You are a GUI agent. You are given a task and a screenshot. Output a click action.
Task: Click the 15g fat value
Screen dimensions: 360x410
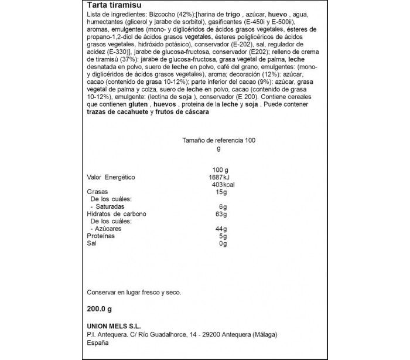coord(221,192)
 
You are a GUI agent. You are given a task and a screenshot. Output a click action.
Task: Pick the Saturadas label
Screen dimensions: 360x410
coord(108,207)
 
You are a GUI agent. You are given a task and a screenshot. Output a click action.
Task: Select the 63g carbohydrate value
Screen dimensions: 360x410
coord(221,214)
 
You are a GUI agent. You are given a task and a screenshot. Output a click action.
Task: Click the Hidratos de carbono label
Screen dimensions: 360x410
coord(116,214)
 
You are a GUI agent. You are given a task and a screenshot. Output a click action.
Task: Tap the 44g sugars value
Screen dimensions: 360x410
coord(221,229)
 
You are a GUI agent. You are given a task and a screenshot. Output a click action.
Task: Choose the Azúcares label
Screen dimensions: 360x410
coord(108,229)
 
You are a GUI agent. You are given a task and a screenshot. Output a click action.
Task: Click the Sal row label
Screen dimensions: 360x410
coord(92,243)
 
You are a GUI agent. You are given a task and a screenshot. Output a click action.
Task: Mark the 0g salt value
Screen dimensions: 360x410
coord(221,243)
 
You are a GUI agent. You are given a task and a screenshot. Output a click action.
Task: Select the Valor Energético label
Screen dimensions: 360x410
coord(111,177)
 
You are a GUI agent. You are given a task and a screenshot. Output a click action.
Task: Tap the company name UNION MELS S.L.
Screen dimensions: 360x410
coord(114,327)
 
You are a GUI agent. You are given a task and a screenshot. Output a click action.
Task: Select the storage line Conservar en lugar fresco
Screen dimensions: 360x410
coord(134,291)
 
